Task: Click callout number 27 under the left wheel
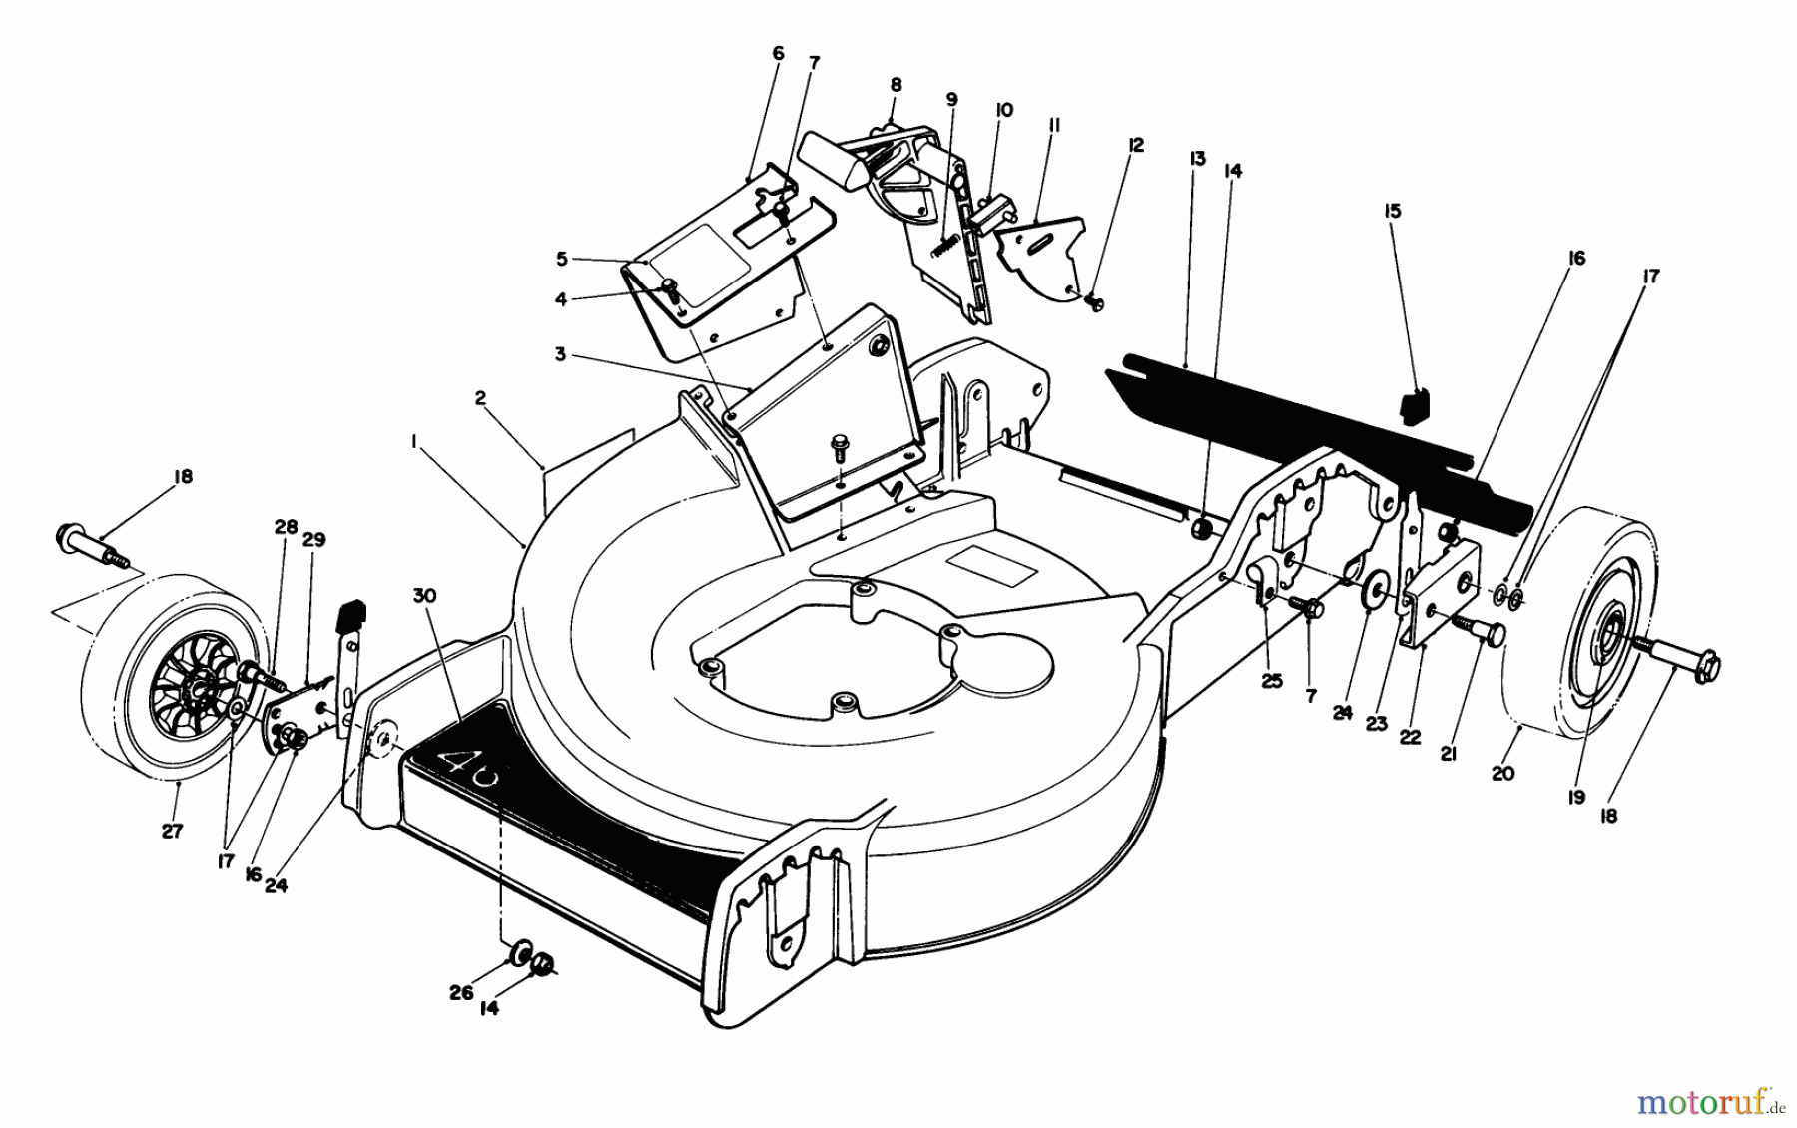point(173,831)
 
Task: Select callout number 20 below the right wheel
point(1502,773)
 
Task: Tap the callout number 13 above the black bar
point(1197,159)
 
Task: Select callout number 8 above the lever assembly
point(896,86)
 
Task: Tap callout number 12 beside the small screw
point(1134,145)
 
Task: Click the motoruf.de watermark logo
point(1706,1103)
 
